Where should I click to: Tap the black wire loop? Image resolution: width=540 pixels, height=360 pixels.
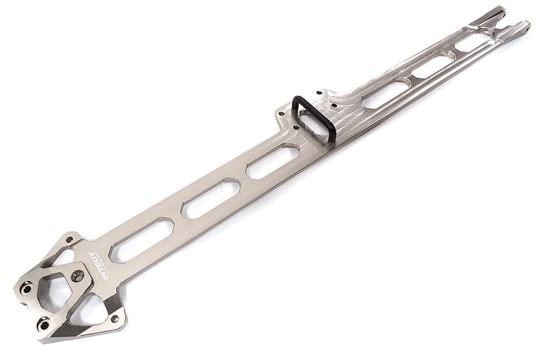pos(314,118)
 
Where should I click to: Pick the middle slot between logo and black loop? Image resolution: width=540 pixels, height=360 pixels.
pos(211,199)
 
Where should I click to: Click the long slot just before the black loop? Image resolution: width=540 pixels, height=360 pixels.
pos(273,161)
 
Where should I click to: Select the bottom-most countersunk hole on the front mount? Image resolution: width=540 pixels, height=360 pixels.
pos(44,324)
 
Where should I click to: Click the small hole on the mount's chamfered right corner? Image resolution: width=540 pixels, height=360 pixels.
pos(114,318)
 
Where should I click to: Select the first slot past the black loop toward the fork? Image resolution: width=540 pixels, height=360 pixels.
pos(384,92)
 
